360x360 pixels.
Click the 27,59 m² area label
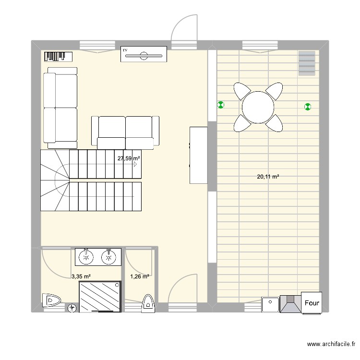tap(129, 158)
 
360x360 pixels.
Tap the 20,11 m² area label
tap(268, 177)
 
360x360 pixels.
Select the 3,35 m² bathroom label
tap(81, 276)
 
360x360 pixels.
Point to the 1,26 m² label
tap(140, 276)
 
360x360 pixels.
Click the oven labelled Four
tap(312, 303)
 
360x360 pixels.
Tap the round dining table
tap(258, 107)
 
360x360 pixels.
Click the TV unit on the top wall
tap(144, 54)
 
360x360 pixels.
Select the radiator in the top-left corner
tap(58, 57)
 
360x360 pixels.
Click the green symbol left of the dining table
tap(221, 105)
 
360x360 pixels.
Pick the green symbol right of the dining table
tap(307, 107)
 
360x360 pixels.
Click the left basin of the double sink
tap(86, 257)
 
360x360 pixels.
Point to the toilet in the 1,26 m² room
tap(148, 303)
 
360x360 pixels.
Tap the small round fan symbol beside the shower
tap(72, 308)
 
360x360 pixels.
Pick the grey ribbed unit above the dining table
tap(307, 63)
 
